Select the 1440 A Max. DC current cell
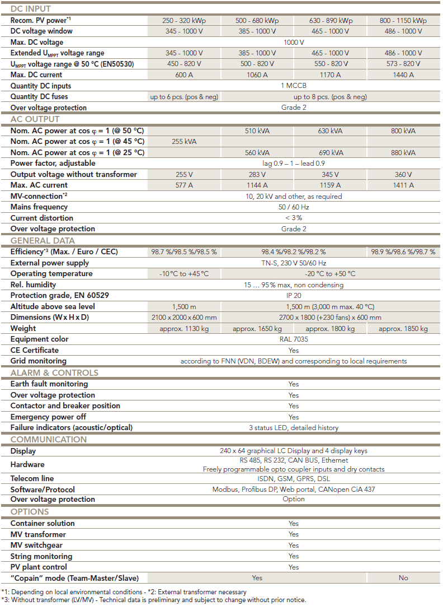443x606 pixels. click(x=403, y=75)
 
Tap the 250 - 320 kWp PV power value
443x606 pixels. click(x=184, y=21)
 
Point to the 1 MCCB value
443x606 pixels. click(x=294, y=86)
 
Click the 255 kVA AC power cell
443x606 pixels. click(x=184, y=142)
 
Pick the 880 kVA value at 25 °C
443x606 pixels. click(x=403, y=153)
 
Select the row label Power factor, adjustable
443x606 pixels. click(x=53, y=164)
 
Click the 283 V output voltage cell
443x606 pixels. click(x=257, y=175)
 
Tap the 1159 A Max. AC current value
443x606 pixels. click(x=330, y=185)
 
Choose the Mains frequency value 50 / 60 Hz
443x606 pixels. click(x=294, y=207)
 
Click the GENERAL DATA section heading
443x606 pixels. click(x=43, y=241)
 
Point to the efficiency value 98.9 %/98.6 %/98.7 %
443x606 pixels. click(x=403, y=252)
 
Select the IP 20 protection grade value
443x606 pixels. click(x=294, y=296)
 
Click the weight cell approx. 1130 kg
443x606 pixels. click(x=184, y=329)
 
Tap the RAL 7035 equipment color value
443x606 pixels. click(x=294, y=339)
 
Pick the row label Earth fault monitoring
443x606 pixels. click(x=49, y=384)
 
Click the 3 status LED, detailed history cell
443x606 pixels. click(x=294, y=428)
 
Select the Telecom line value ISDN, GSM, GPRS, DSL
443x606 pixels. click(x=294, y=479)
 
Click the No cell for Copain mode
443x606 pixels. click(x=403, y=578)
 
